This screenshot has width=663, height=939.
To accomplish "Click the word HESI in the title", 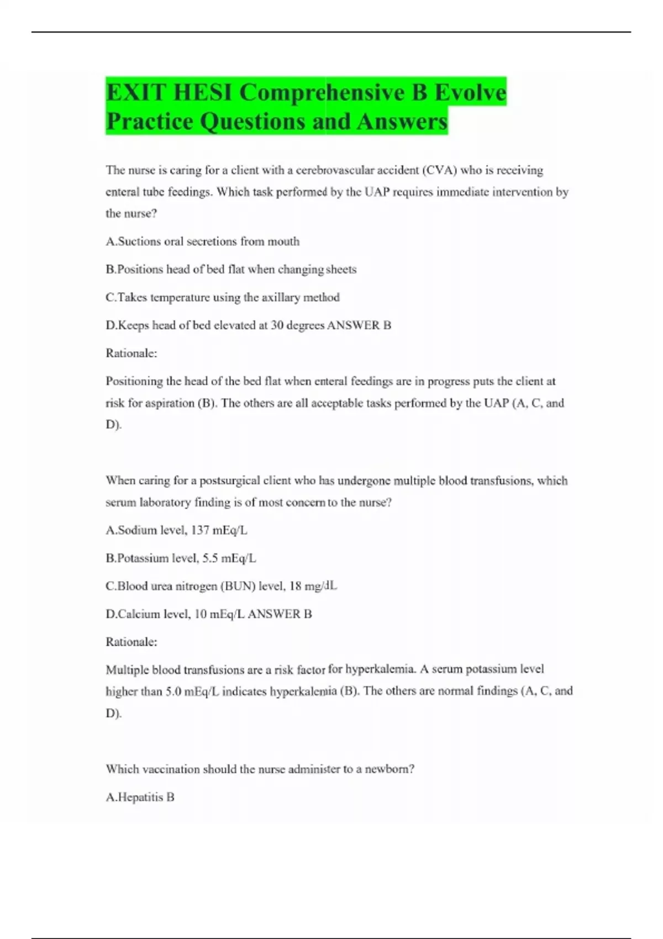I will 202,92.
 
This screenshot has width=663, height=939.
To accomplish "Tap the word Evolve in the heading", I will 470,92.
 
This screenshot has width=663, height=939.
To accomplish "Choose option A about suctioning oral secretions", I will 202,241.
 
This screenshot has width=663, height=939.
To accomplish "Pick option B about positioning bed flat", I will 231,270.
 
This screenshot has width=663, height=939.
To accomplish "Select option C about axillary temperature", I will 222,297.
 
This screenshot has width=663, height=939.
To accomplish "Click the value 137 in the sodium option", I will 200,530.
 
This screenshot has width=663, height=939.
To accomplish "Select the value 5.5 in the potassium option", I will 210,558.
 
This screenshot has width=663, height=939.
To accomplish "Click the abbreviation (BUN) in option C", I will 238,586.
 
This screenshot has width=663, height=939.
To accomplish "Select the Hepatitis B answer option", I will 140,797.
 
